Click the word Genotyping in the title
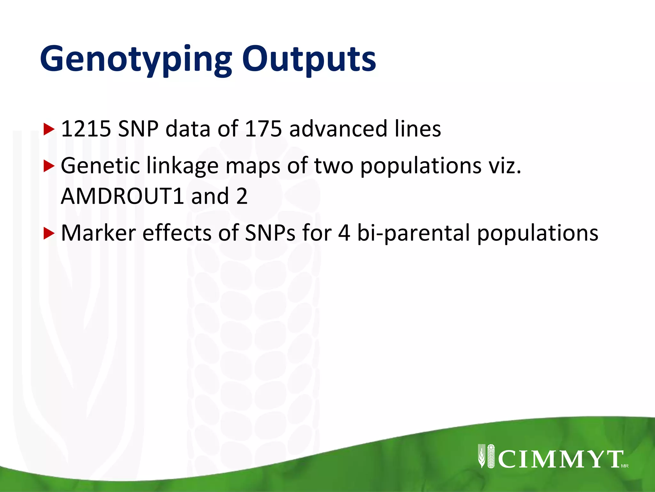pyautogui.click(x=136, y=60)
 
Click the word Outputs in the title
pyautogui.click(x=309, y=60)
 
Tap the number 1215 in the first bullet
pyautogui.click(x=86, y=129)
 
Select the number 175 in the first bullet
pyautogui.click(x=263, y=129)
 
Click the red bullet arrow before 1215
pyautogui.click(x=49, y=129)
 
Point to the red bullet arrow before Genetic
pyautogui.click(x=49, y=166)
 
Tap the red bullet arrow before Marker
pyautogui.click(x=49, y=234)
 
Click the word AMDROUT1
pyautogui.click(x=122, y=196)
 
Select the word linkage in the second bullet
pyautogui.click(x=182, y=166)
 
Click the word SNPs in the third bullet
pyautogui.click(x=270, y=233)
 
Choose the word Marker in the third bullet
pyautogui.click(x=98, y=233)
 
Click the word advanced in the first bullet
pyautogui.click(x=338, y=129)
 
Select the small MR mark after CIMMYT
pyautogui.click(x=625, y=466)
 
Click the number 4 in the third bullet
pyautogui.click(x=344, y=233)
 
